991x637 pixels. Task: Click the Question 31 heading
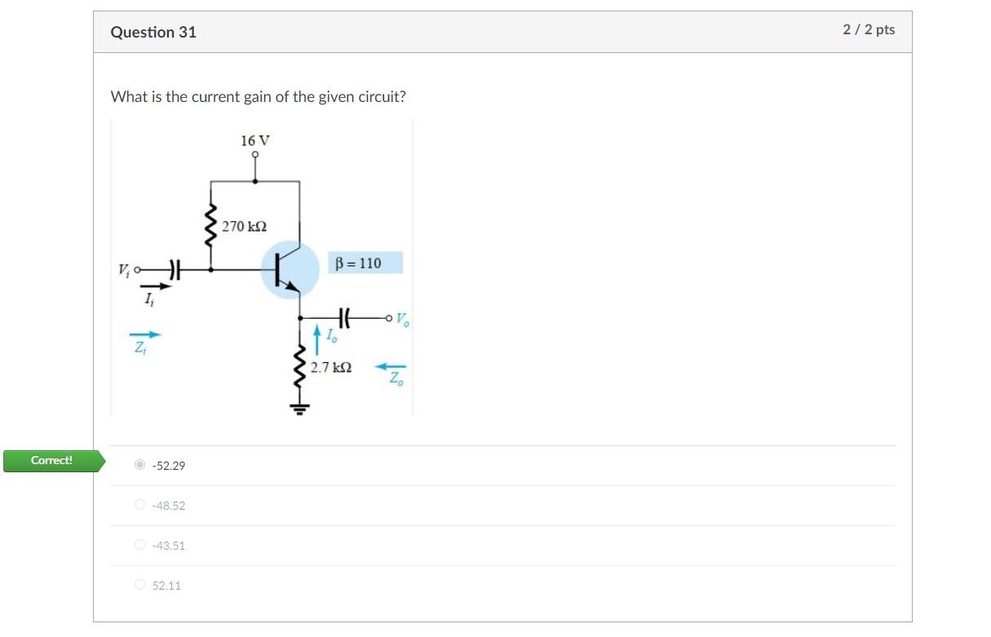153,33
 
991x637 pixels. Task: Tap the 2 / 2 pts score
869,29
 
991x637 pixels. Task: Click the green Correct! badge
51,461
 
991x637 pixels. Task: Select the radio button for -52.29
140,465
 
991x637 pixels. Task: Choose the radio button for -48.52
140,505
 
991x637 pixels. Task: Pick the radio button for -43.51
140,545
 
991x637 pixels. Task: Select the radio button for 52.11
140,585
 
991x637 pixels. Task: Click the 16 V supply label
255,141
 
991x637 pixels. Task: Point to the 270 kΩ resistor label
245,227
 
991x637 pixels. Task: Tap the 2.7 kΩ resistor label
331,368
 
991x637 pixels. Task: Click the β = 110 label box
366,263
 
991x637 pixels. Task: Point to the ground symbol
299,408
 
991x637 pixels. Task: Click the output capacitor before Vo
343,316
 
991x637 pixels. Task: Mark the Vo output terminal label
403,319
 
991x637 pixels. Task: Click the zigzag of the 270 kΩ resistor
211,224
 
